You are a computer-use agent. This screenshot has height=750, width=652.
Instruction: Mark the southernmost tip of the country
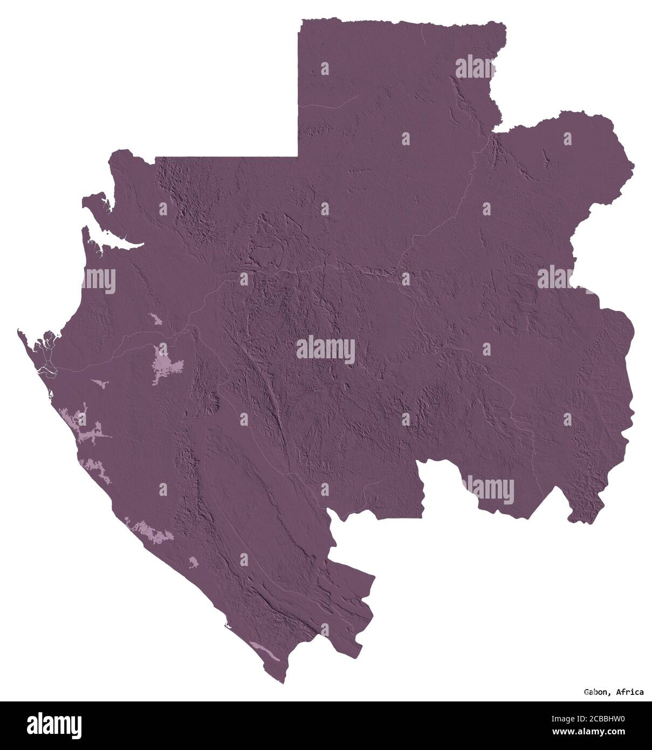tap(283, 683)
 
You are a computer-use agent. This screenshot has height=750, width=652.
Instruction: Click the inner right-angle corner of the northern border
tap(299, 157)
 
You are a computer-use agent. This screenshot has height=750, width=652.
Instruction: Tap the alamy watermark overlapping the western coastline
tap(99, 279)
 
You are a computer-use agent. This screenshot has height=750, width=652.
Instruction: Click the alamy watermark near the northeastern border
tap(475, 68)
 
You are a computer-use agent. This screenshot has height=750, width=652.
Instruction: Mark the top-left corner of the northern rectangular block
tap(300, 21)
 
